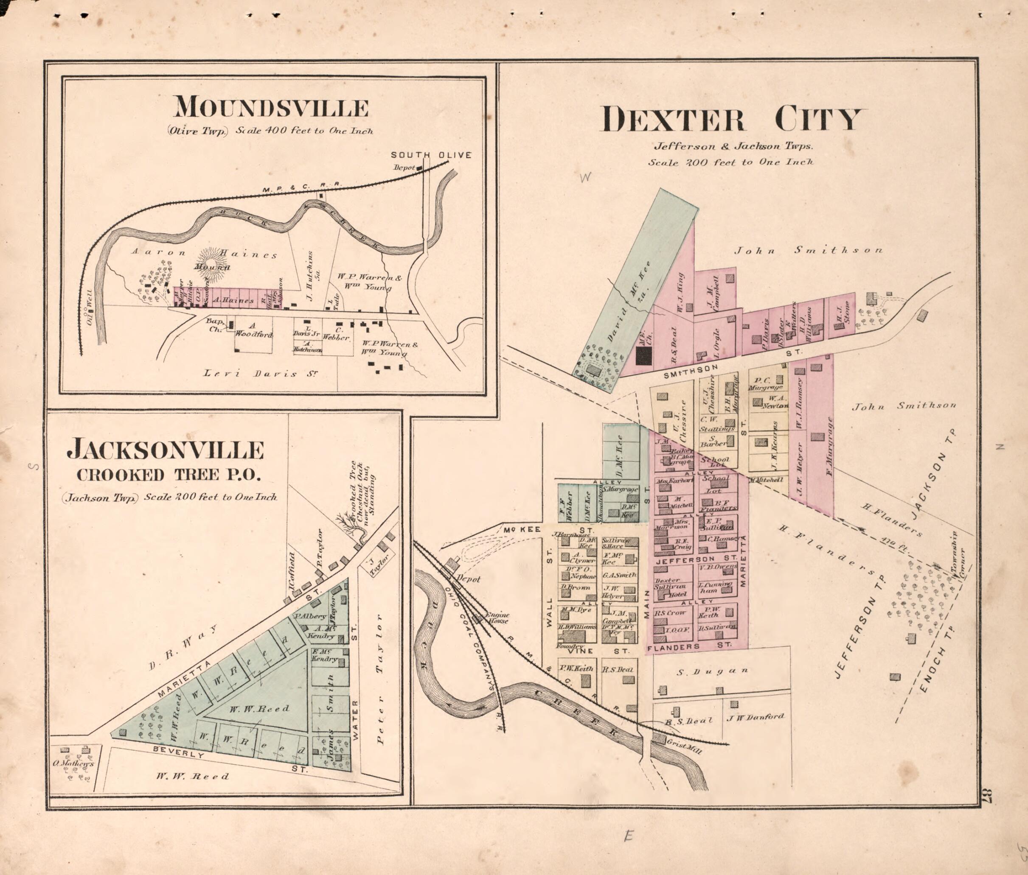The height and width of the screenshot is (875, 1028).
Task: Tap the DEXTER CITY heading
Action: (x=731, y=120)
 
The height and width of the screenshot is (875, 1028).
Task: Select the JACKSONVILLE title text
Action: (x=166, y=450)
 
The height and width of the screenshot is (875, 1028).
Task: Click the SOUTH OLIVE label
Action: (x=431, y=155)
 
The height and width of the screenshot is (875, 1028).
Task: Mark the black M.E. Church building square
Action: (x=644, y=355)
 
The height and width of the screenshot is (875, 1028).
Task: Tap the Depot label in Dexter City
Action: (x=468, y=579)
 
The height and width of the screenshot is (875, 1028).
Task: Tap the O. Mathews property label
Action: (x=74, y=763)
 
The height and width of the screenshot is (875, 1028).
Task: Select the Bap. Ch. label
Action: (x=215, y=325)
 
